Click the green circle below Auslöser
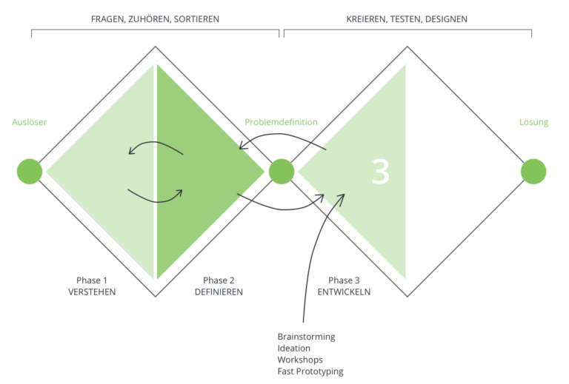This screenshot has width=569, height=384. coord(30,172)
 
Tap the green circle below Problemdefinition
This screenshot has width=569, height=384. coord(282,172)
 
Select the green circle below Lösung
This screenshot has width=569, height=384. coord(533,172)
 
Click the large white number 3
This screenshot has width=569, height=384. coord(380,172)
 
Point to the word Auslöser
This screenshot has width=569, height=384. coord(30,122)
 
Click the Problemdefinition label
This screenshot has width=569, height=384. coord(281,122)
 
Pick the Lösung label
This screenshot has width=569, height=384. coord(533,122)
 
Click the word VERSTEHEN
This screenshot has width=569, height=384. coord(92,292)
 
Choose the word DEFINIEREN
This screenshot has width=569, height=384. coord(219,292)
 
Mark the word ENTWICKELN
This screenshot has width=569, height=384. coord(344,292)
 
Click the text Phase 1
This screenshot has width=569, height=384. coord(92,280)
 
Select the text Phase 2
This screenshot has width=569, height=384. coord(219,280)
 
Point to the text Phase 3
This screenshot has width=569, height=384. coord(344,280)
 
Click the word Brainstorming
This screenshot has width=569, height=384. coord(306,337)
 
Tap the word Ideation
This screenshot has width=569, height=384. coord(294,348)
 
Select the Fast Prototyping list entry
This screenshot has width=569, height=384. coord(310,371)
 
